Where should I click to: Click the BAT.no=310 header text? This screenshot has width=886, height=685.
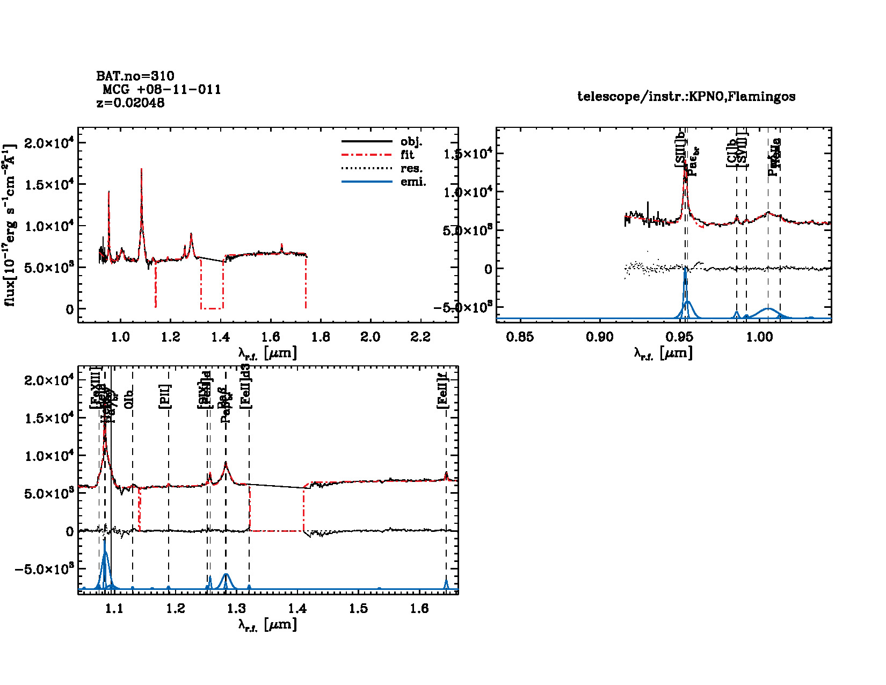tap(135, 76)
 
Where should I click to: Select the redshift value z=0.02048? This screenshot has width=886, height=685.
tap(130, 103)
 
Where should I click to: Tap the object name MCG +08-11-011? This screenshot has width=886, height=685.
tap(162, 89)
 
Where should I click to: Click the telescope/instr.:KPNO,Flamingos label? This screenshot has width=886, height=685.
tap(686, 97)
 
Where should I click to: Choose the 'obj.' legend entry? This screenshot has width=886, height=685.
tap(411, 142)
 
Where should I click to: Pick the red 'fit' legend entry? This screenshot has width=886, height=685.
tap(407, 155)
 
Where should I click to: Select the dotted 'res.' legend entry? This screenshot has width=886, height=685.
tap(411, 169)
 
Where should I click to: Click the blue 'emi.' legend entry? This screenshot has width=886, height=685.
tap(413, 182)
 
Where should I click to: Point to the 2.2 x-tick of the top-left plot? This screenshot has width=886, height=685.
tap(420, 337)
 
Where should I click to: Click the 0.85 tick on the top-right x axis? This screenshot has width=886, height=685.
tap(520, 337)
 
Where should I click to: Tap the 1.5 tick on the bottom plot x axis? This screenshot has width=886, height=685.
tap(359, 608)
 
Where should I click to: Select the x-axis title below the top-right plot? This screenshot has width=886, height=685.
tap(663, 353)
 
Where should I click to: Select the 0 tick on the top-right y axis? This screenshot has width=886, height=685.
tap(488, 269)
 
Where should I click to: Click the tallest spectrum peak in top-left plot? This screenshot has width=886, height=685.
tap(141, 170)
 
